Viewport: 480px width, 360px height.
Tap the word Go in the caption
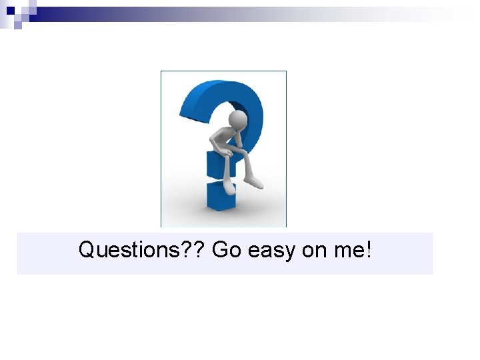tap(227, 251)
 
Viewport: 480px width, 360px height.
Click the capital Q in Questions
tap(87, 251)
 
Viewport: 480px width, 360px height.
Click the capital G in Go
tap(220, 251)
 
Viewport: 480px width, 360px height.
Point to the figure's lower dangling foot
tap(229, 187)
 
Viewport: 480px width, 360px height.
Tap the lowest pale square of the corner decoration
tap(17, 25)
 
